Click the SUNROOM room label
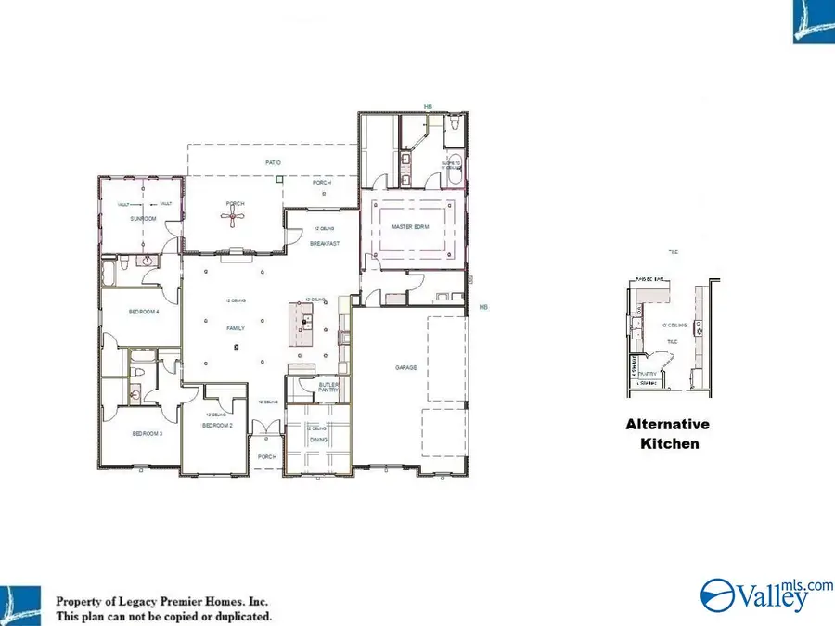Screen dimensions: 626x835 tap(142, 219)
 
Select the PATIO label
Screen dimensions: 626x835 tap(273, 162)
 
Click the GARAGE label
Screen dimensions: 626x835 tap(405, 367)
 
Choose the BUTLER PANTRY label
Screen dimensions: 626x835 tap(328, 387)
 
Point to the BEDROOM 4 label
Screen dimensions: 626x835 tap(144, 313)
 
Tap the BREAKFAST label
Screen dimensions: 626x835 tap(324, 243)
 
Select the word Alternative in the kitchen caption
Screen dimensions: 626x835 tap(667, 425)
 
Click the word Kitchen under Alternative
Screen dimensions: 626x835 tap(669, 444)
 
